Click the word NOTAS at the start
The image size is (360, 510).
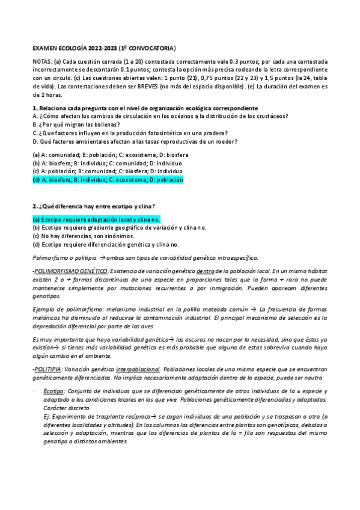(x=42, y=62)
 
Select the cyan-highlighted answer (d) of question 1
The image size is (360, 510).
(x=108, y=179)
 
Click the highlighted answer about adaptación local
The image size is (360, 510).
(x=96, y=220)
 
